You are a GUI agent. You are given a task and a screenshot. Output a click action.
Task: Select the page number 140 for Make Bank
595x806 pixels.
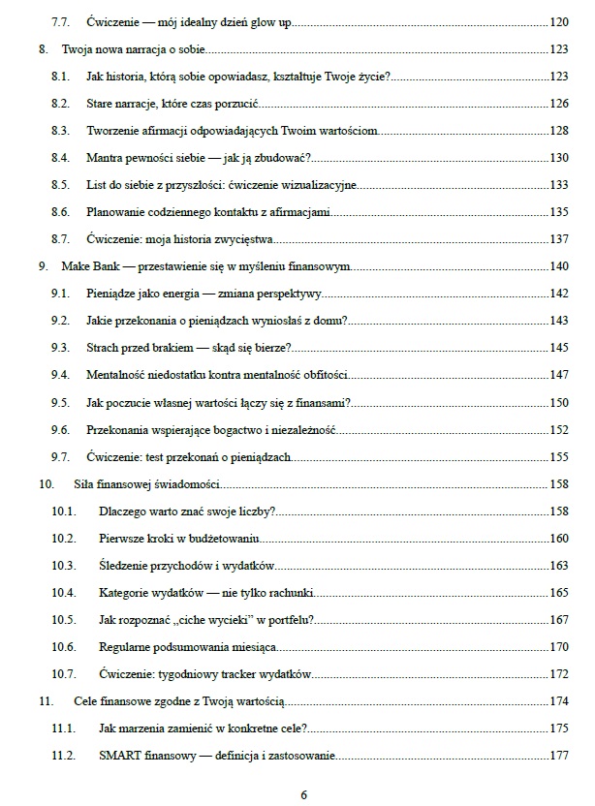(x=558, y=265)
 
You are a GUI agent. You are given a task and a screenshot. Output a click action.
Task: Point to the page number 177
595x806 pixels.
(x=558, y=756)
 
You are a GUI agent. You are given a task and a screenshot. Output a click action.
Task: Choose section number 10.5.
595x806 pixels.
(x=63, y=619)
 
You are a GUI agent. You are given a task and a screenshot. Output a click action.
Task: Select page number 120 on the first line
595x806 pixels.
(x=558, y=21)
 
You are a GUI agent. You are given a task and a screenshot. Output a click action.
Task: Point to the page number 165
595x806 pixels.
(x=558, y=592)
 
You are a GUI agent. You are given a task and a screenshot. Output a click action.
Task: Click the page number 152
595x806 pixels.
(x=558, y=429)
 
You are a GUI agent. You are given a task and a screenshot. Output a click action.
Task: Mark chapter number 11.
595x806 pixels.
(x=44, y=701)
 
